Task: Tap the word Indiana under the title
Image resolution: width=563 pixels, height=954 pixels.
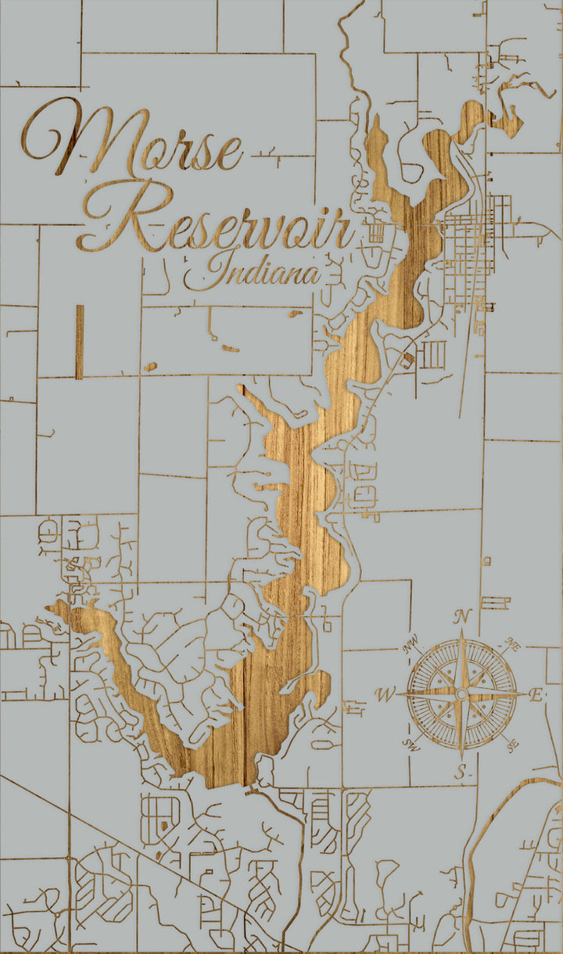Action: tap(252, 271)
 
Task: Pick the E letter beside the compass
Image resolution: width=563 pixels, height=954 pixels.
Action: tap(536, 694)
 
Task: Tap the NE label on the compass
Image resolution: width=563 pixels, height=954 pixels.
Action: tap(513, 646)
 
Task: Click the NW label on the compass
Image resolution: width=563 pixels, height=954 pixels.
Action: tap(411, 646)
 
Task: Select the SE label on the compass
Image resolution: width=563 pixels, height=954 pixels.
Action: tap(513, 744)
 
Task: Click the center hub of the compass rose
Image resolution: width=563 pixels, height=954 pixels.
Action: tap(462, 694)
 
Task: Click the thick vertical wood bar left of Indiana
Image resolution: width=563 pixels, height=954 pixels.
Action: tap(79, 342)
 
